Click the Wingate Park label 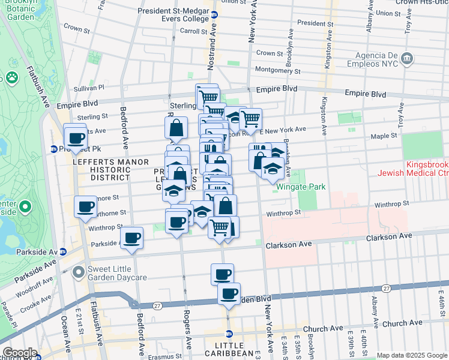[x=301, y=187]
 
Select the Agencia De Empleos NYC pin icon [x=408, y=58]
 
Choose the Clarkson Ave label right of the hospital [x=390, y=236]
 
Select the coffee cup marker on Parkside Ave [x=131, y=238]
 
